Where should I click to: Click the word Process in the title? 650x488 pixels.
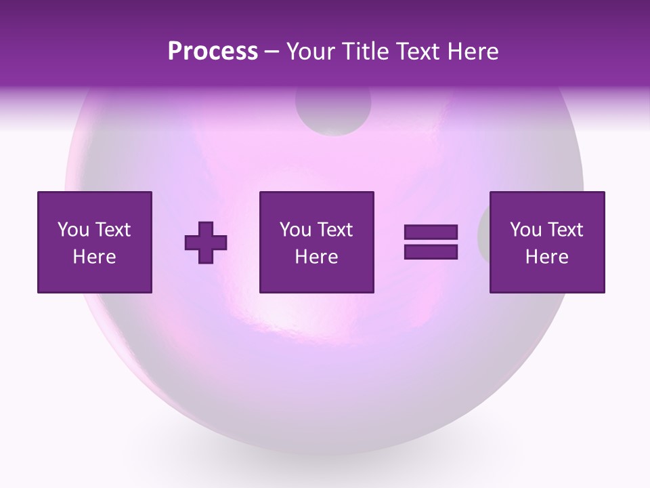tap(213, 52)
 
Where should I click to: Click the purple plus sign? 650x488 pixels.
tap(206, 243)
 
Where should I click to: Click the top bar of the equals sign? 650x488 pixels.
tap(431, 232)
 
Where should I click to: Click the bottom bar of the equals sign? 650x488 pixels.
tap(431, 251)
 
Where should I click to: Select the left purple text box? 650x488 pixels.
tap(95, 242)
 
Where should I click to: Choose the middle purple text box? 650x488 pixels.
tap(316, 242)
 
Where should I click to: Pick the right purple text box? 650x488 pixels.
tap(546, 242)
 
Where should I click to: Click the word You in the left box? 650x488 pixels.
tap(73, 230)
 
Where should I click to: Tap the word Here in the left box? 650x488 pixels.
tap(95, 257)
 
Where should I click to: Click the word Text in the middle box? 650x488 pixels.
tap(334, 230)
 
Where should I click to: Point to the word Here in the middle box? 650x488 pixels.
tap(316, 257)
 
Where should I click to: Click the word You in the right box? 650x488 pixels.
tap(525, 230)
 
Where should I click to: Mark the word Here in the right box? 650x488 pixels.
tap(546, 257)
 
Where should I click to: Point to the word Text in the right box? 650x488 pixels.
tap(565, 230)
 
